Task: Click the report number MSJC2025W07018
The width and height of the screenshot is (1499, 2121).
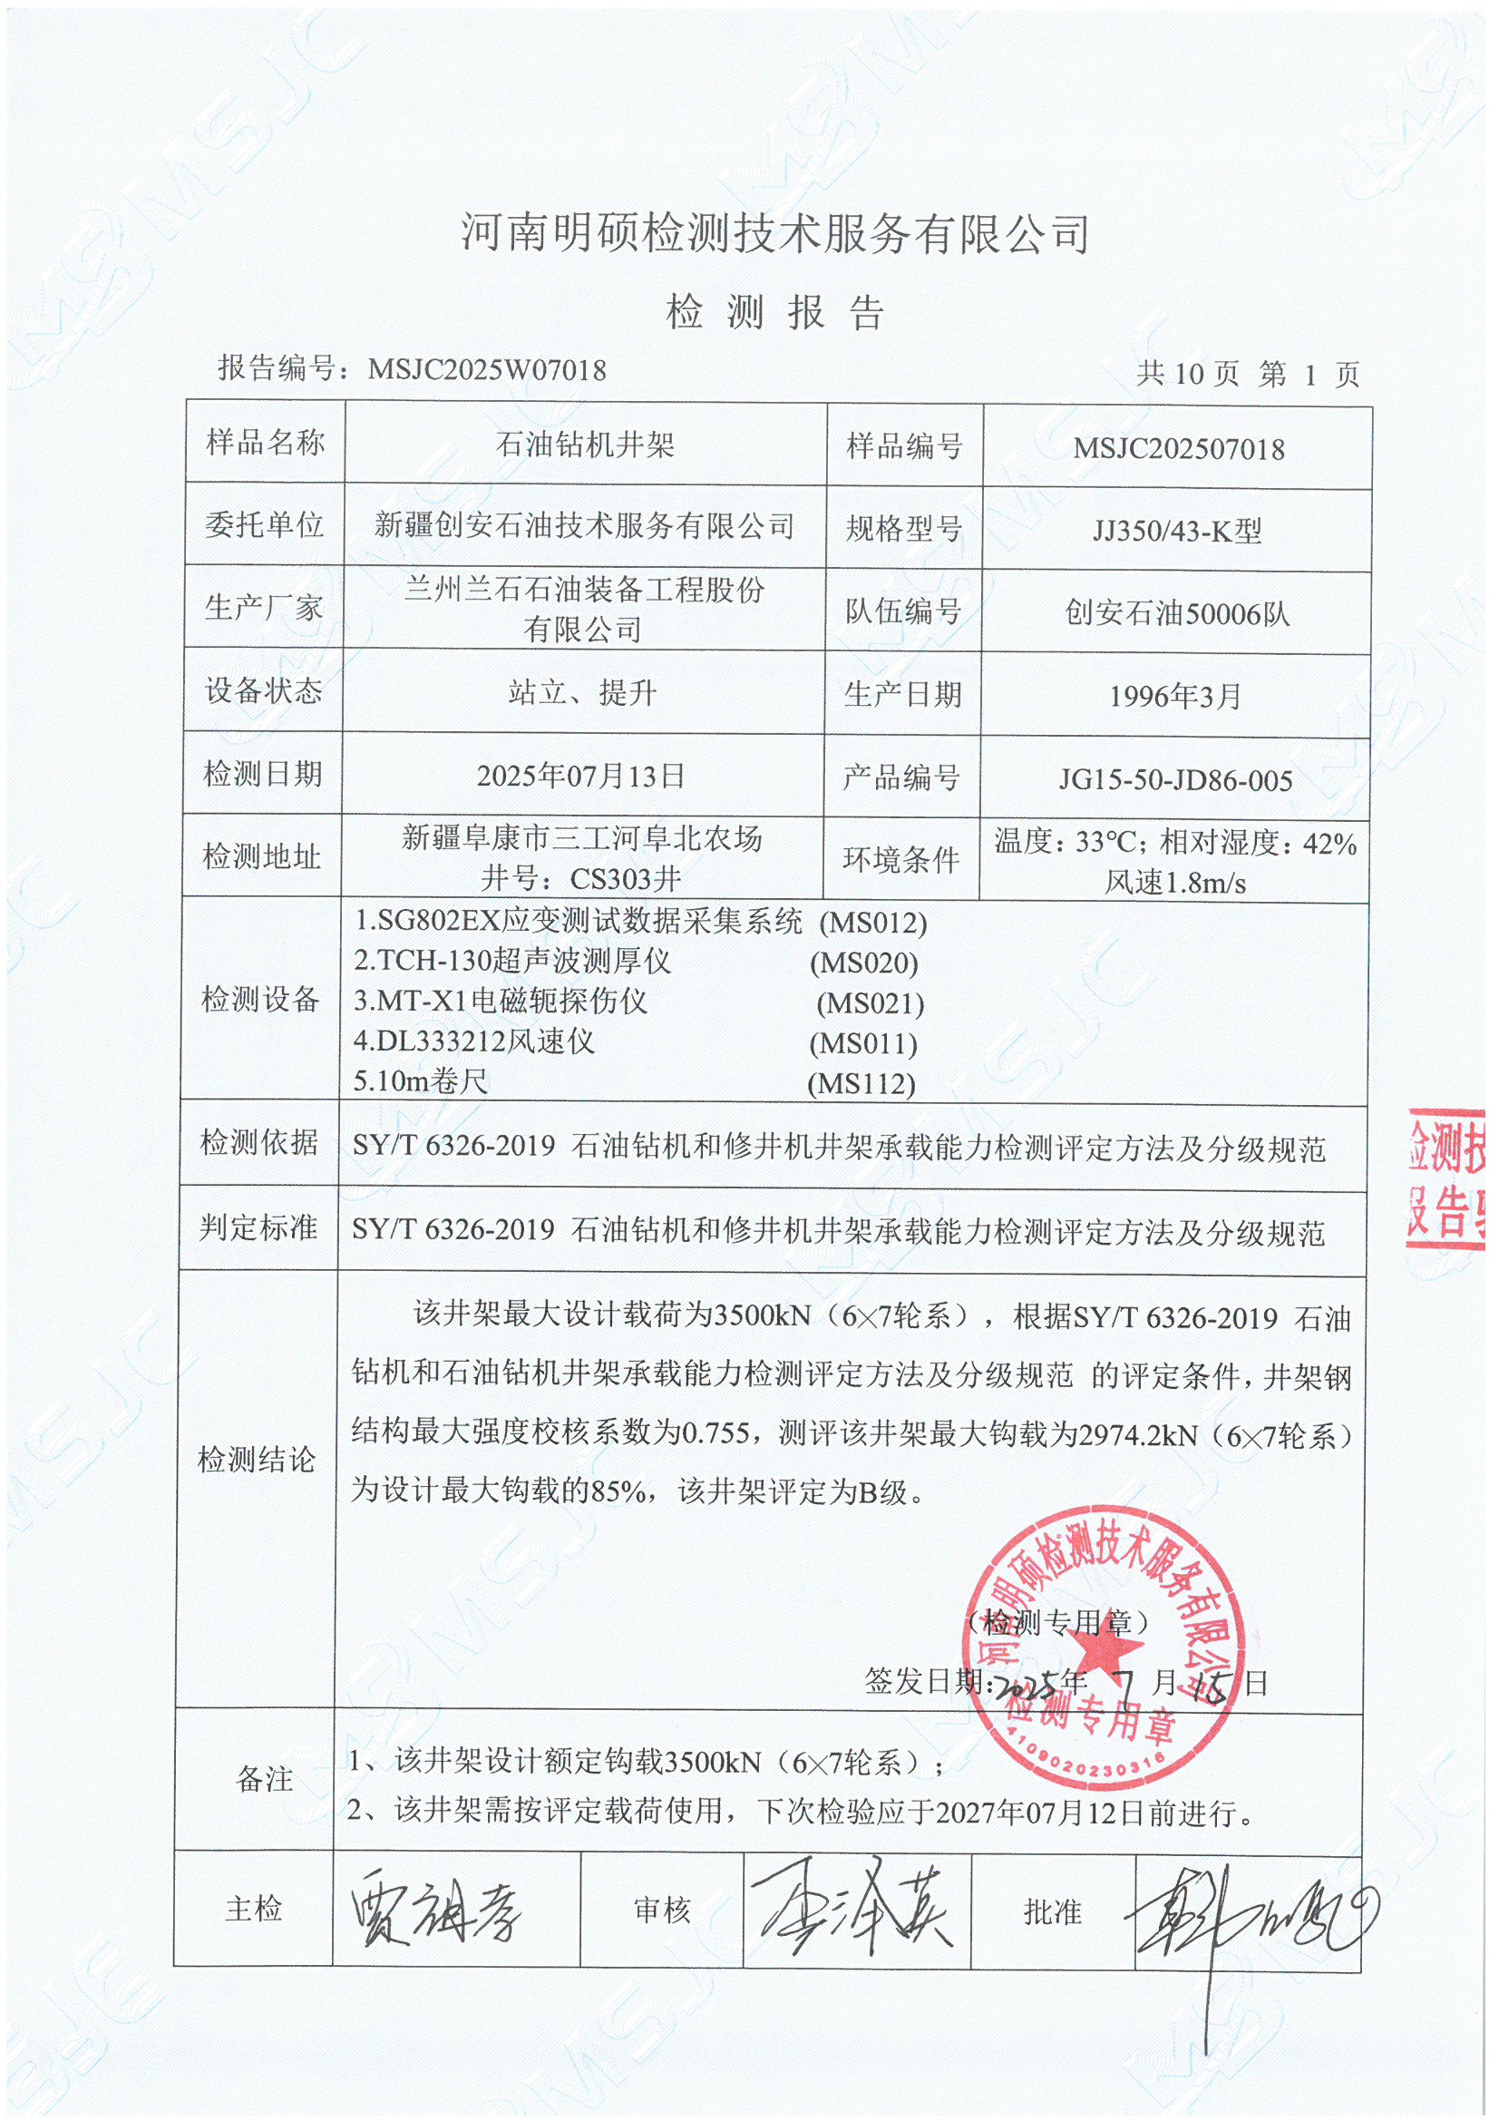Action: point(487,370)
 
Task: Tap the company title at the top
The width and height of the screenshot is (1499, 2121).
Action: point(775,233)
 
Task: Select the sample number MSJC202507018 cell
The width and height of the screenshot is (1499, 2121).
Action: point(1178,450)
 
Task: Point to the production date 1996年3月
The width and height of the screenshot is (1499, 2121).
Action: point(1175,696)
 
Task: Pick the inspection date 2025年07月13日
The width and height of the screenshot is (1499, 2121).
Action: point(581,775)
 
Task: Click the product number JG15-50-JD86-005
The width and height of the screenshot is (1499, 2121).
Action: point(1175,780)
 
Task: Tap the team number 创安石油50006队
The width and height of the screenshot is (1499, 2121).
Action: point(1177,613)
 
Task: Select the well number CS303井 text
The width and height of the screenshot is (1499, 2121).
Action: point(626,878)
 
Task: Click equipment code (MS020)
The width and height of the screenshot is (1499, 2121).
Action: point(863,963)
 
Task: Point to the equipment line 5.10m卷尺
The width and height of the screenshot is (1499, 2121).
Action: point(420,1080)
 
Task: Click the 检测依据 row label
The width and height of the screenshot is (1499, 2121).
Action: point(258,1143)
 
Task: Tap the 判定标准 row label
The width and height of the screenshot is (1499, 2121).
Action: point(258,1227)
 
